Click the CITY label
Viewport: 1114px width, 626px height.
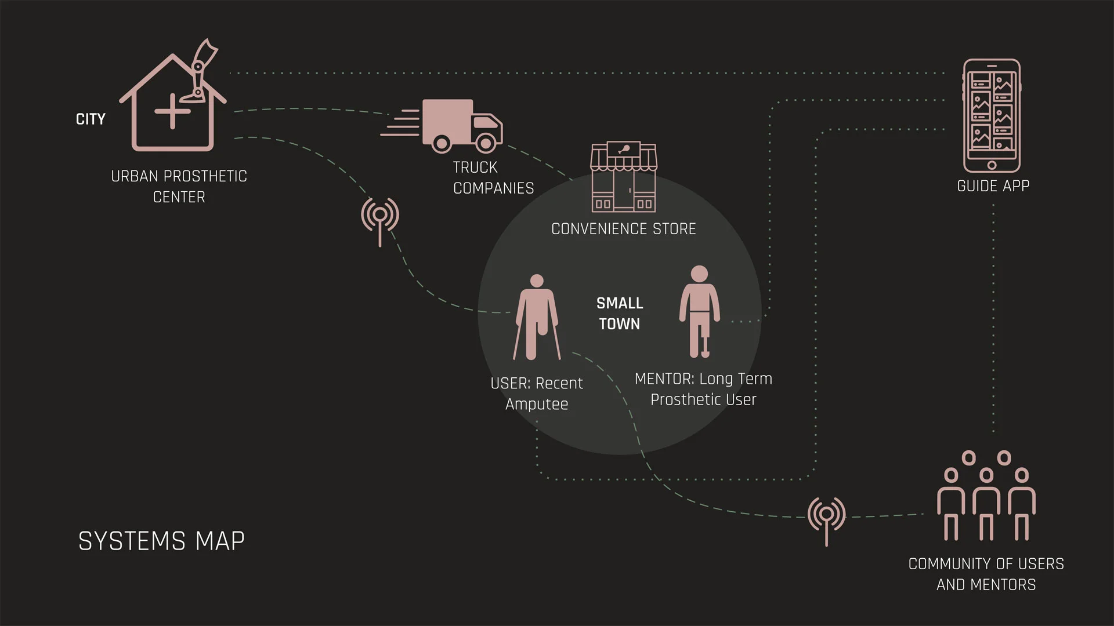(x=91, y=119)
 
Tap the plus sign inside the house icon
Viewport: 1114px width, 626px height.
(x=172, y=111)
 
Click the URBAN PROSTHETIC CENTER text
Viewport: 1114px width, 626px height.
(x=179, y=187)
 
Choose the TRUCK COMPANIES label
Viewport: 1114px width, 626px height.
(x=493, y=177)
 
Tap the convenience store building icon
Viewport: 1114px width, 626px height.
(x=623, y=177)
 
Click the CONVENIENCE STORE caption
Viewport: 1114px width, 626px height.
(x=623, y=229)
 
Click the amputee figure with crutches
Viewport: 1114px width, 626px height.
(x=537, y=317)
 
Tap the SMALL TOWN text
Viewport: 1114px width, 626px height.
(x=620, y=314)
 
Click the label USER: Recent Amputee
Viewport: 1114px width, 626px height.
(x=537, y=394)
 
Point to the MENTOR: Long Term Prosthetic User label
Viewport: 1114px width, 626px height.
(x=703, y=389)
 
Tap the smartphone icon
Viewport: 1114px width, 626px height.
(x=992, y=115)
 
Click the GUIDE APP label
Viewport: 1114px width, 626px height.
(x=993, y=186)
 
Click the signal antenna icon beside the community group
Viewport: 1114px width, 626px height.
(x=827, y=518)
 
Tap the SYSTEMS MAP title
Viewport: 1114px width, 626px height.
(x=161, y=541)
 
